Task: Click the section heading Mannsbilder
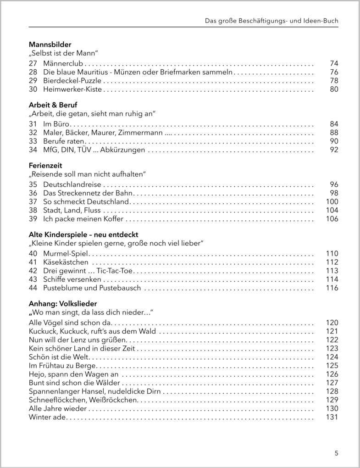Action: (50, 45)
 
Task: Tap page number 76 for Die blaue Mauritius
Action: (333, 72)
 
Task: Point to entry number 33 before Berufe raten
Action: (33, 141)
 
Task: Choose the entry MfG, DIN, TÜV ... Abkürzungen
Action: (94, 150)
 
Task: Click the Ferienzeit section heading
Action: (45, 165)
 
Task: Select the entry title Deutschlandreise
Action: (72, 184)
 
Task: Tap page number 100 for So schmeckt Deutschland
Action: (332, 201)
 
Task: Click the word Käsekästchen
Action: (66, 262)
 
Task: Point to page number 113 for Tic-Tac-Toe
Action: (332, 271)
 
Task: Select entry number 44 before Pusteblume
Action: (33, 288)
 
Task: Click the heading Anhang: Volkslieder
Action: (63, 304)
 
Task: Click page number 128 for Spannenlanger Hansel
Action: (332, 391)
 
